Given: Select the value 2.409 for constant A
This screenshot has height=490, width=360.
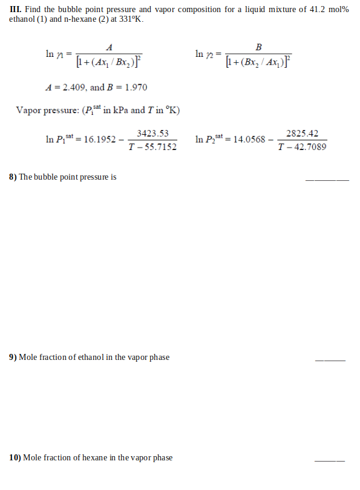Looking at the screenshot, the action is [x=71, y=87].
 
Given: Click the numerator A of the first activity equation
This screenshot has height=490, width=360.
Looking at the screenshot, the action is [x=109, y=47].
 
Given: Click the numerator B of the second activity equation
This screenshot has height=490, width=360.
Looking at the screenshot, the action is [x=259, y=47].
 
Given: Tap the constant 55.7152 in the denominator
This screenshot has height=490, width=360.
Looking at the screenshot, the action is [x=158, y=147].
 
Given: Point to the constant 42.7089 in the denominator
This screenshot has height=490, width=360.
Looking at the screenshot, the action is [x=307, y=147].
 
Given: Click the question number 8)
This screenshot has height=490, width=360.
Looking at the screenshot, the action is [x=13, y=177].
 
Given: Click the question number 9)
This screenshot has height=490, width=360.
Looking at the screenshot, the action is [x=13, y=357].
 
